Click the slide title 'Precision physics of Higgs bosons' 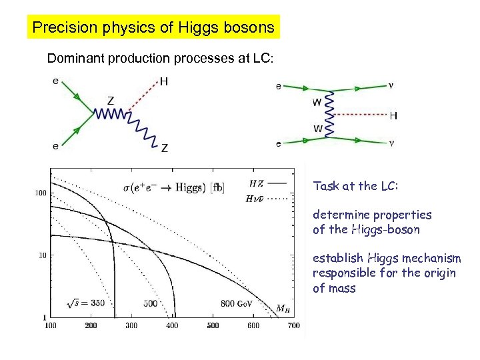153,27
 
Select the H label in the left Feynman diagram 163,82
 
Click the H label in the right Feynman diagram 393,116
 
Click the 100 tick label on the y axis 41,193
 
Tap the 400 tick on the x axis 172,326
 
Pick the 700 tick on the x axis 294,326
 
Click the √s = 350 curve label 87,303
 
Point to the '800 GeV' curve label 237,303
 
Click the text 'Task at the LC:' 355,187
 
